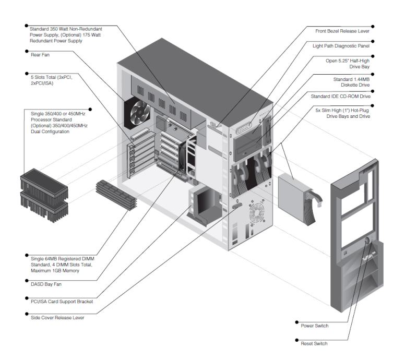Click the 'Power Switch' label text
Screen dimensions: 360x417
pyautogui.click(x=315, y=325)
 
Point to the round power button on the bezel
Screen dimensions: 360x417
pyautogui.click(x=367, y=241)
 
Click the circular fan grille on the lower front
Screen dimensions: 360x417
pyautogui.click(x=258, y=213)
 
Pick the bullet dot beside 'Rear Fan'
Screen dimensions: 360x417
pyautogui.click(x=26, y=51)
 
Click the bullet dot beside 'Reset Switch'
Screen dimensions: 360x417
pyautogui.click(x=297, y=343)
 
